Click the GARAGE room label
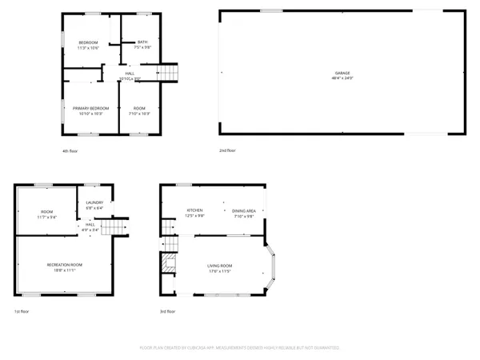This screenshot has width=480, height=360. click(x=342, y=73)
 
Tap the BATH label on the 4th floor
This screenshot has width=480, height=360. click(x=142, y=42)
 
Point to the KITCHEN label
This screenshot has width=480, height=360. click(x=194, y=210)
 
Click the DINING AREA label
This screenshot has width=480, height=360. click(x=244, y=210)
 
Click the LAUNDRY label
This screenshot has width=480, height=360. click(x=94, y=202)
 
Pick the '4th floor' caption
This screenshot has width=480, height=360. click(x=70, y=150)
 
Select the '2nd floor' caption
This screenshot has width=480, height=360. click(x=227, y=150)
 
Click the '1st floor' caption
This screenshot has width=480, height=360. click(x=21, y=310)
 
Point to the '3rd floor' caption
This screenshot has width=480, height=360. click(x=168, y=310)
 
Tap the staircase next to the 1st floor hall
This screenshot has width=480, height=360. click(x=118, y=230)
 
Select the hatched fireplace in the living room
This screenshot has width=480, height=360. click(x=168, y=263)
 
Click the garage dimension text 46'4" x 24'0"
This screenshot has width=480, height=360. click(x=342, y=78)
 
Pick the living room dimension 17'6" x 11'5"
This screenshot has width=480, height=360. click(x=219, y=272)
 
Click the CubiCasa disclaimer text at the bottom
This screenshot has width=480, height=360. click(x=239, y=348)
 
